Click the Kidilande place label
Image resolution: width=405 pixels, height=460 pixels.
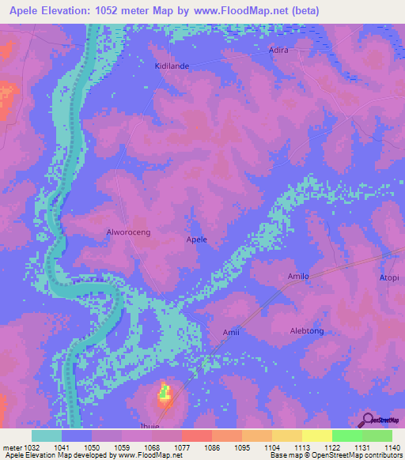pyautogui.click(x=172, y=66)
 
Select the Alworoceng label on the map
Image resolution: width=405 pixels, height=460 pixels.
pyautogui.click(x=128, y=232)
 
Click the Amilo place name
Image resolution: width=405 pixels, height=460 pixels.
pyautogui.click(x=297, y=277)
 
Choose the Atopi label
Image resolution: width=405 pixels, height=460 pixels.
pyautogui.click(x=389, y=278)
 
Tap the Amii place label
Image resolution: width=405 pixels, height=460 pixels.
pyautogui.click(x=230, y=332)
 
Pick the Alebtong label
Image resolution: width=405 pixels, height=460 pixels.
pyautogui.click(x=307, y=331)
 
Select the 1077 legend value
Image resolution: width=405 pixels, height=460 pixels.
pyautogui.click(x=180, y=447)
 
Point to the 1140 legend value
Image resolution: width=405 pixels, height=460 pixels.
pyautogui.click(x=392, y=447)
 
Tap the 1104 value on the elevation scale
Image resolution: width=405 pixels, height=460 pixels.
pyautogui.click(x=271, y=447)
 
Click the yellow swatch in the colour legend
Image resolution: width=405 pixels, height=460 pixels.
pyautogui.click(x=316, y=435)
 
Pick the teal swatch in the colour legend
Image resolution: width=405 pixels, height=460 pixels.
pyautogui.click(x=47, y=435)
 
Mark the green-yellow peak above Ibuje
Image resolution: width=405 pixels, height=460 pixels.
pyautogui.click(x=165, y=391)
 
